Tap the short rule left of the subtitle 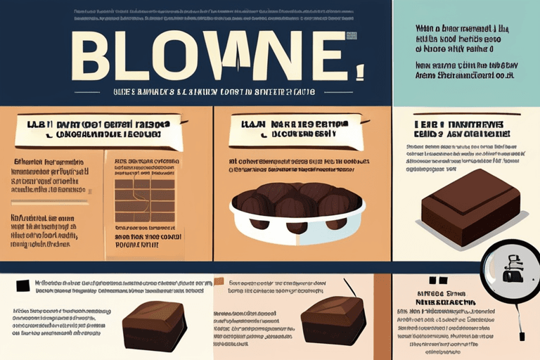[106, 92]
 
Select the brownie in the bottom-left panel [154, 324]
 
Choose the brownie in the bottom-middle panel [333, 321]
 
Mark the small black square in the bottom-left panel [21, 284]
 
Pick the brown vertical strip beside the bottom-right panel [382, 316]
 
